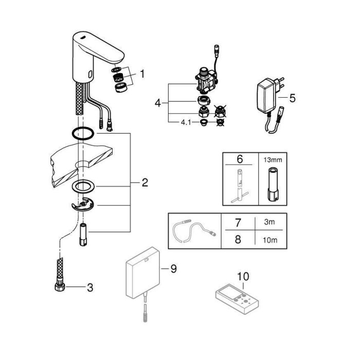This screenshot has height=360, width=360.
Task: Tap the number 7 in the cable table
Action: tap(238, 224)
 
